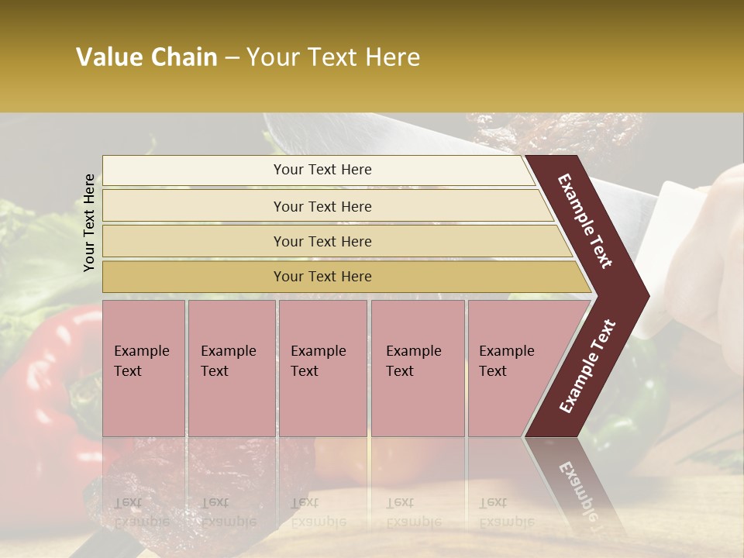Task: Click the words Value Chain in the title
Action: [x=146, y=57]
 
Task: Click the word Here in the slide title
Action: [x=391, y=57]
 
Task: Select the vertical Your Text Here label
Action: [x=89, y=222]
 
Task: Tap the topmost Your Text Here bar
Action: [x=322, y=170]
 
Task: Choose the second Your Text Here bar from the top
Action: [x=322, y=206]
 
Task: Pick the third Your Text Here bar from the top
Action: [x=322, y=241]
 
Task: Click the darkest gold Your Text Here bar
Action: [x=322, y=277]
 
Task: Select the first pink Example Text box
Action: [x=143, y=368]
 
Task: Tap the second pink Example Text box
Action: [x=231, y=368]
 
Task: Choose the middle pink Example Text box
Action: [x=322, y=368]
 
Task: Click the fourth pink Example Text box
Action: [x=417, y=368]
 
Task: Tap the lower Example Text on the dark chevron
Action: [x=587, y=367]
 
